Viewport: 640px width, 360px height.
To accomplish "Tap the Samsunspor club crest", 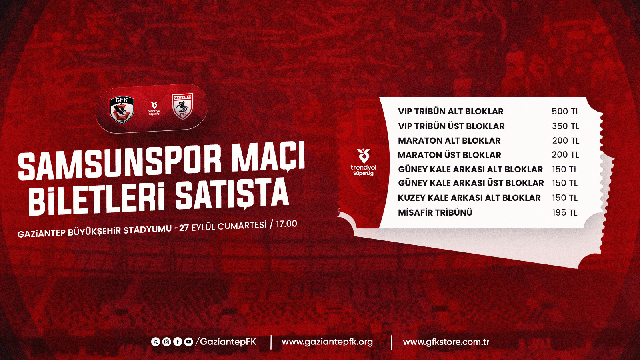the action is (x=182, y=106).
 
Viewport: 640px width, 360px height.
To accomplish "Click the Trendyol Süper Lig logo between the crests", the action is (x=154, y=108).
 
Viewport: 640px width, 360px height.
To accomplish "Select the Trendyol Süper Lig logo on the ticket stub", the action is (x=363, y=162).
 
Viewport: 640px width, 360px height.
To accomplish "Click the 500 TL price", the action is (x=566, y=112).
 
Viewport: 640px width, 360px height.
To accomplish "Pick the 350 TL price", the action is (x=566, y=126).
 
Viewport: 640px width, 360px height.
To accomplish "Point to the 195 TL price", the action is (x=564, y=212).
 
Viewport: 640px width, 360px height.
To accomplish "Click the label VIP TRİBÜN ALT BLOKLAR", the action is (x=450, y=112).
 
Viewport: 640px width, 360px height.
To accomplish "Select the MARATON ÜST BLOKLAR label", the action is (x=449, y=155).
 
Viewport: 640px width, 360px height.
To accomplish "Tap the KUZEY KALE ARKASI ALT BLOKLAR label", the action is (x=469, y=198).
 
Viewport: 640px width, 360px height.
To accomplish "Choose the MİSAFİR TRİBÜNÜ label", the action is (x=435, y=212).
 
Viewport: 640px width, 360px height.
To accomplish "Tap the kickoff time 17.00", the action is (x=286, y=224).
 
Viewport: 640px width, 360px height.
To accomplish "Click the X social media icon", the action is (x=156, y=342).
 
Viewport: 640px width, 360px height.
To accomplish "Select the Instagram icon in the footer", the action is (x=166, y=342).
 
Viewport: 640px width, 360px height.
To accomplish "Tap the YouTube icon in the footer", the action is (x=188, y=342).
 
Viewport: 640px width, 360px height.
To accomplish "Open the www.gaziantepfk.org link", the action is (x=327, y=342).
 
